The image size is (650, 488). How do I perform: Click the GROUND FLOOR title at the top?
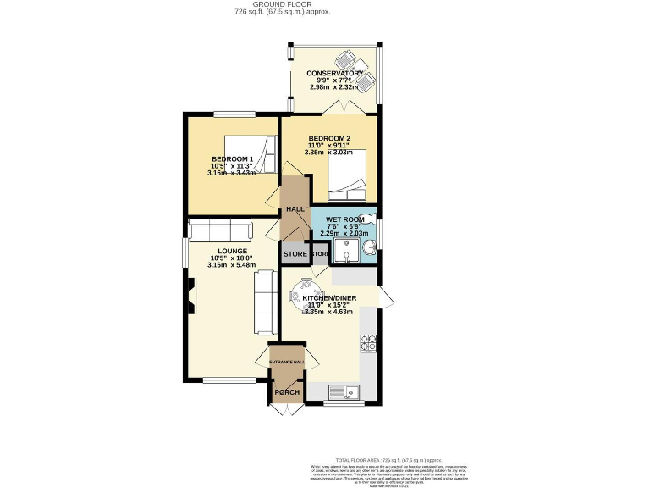(282, 5)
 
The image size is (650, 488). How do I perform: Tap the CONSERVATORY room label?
(335, 73)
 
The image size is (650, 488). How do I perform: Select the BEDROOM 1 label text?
(233, 159)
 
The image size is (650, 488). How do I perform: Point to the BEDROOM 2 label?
(328, 138)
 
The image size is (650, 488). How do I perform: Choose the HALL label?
(295, 209)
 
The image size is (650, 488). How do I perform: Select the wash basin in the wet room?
(369, 248)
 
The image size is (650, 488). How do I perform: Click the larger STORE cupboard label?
(295, 253)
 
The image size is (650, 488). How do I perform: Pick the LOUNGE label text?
(231, 251)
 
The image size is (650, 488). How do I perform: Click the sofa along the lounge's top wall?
(219, 231)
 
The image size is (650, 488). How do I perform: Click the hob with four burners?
(369, 343)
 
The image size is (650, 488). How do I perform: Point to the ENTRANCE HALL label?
(287, 363)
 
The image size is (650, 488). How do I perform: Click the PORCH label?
(286, 392)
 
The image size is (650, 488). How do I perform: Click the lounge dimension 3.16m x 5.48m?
(231, 264)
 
